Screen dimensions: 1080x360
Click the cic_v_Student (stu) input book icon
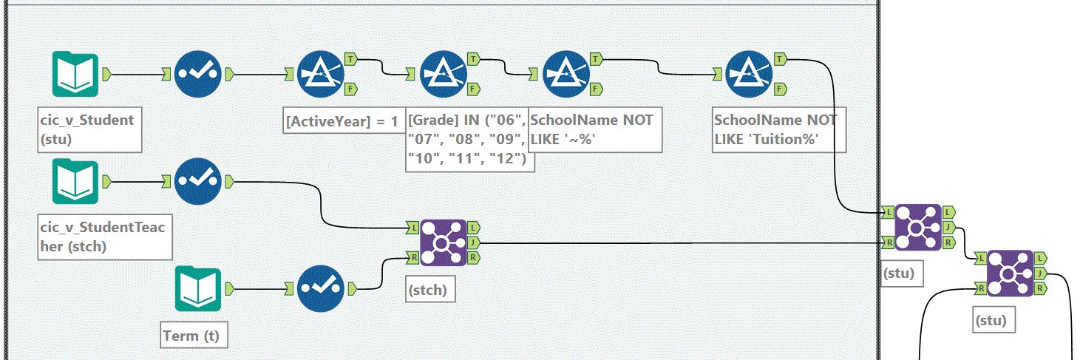point(75,74)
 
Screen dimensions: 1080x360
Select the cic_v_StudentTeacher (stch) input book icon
point(75,181)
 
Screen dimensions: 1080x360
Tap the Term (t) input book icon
point(197,289)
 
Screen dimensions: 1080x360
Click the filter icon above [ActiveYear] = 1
point(321,74)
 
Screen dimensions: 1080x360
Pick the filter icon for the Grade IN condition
point(444,74)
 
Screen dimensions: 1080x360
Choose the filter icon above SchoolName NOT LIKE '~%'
point(566,74)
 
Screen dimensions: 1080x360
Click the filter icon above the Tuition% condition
point(749,74)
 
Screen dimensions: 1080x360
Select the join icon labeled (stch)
point(444,243)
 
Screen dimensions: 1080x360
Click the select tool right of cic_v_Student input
point(197,74)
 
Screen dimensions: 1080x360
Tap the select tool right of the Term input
point(321,289)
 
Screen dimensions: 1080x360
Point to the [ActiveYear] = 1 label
point(342,121)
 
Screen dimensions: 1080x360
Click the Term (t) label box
point(194,335)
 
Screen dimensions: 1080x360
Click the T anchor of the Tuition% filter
point(781,59)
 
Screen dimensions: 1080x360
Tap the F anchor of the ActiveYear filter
point(351,89)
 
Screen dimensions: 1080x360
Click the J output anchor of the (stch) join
point(473,243)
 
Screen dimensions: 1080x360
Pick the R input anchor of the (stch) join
point(412,258)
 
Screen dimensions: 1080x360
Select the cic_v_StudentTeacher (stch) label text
point(103,237)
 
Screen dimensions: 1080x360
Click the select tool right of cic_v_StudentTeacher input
point(197,181)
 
